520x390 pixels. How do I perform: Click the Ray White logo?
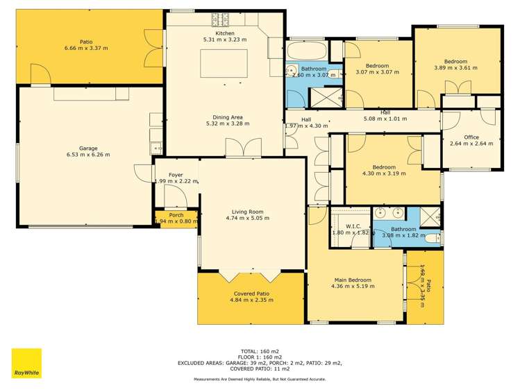(x=26, y=363)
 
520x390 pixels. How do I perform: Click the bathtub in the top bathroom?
(x=305, y=51)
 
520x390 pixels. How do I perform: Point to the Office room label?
(x=471, y=137)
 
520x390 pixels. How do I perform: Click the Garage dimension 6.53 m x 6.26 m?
(x=87, y=155)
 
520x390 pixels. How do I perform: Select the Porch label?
(x=176, y=215)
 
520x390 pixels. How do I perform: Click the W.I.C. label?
(x=351, y=226)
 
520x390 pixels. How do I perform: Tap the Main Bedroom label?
(x=353, y=279)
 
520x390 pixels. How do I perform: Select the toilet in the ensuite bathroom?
(x=432, y=239)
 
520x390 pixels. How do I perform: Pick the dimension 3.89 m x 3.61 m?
(x=455, y=68)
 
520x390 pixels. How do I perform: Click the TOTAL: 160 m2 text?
(x=260, y=351)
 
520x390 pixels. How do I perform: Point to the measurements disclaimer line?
(x=260, y=380)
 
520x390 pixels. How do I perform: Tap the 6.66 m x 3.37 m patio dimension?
(x=86, y=48)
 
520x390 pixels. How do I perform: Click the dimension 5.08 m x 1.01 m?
(x=385, y=119)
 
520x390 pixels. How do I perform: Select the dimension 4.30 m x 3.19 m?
(x=384, y=173)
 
